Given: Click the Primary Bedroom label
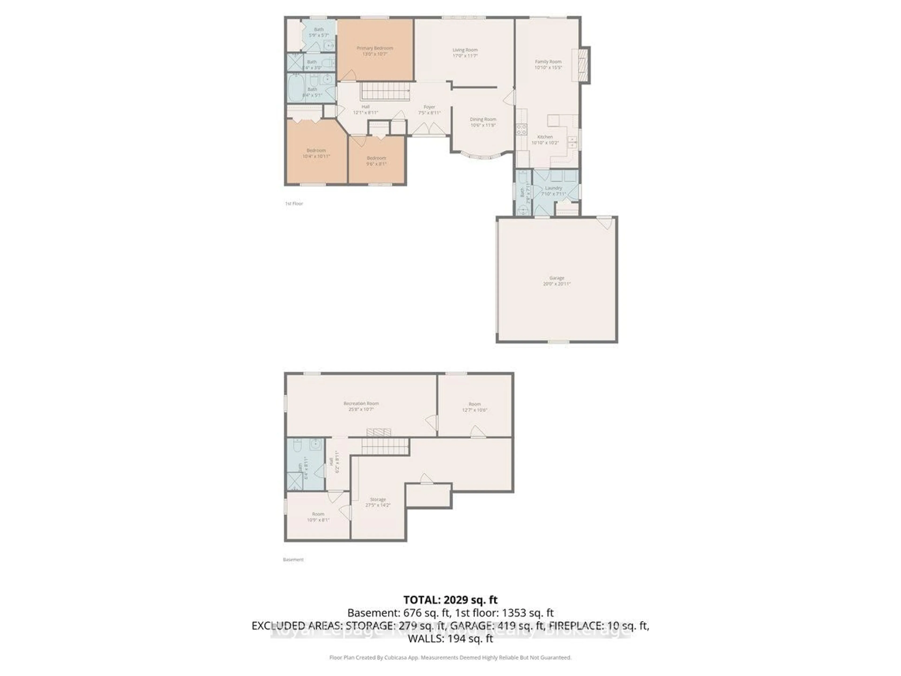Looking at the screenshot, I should [x=375, y=48].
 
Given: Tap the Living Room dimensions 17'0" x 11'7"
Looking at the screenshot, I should [x=465, y=56].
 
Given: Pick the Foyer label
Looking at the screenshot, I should [x=429, y=107].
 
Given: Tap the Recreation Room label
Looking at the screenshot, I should [x=361, y=403].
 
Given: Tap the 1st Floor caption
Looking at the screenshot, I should [x=294, y=203].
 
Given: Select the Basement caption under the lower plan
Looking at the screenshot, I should [x=293, y=560].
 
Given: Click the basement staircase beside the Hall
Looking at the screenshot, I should [x=385, y=446].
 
